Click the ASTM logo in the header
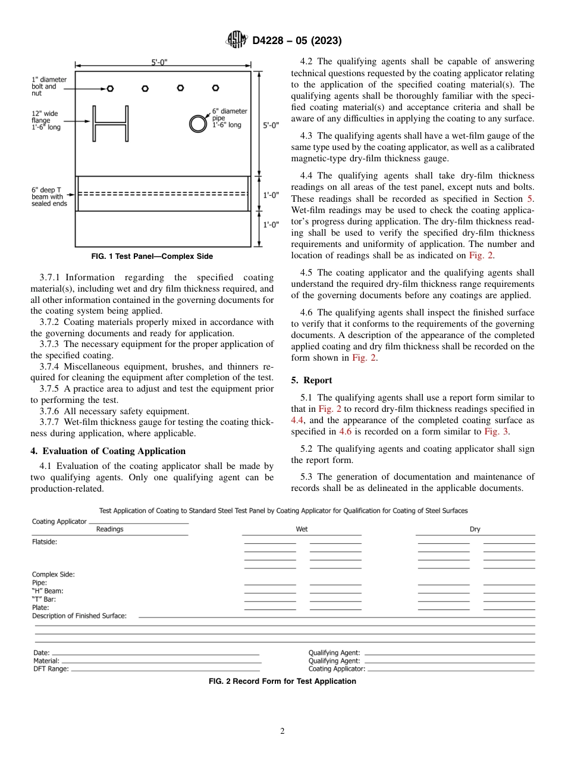pos(237,40)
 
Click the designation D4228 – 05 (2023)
pos(297,41)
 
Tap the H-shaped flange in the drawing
pos(110,124)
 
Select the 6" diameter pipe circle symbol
pos(197,124)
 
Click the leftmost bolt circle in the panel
pos(110,89)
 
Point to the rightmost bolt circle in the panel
pos(215,89)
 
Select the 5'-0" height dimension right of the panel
pos(270,126)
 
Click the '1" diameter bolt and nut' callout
pos(49,86)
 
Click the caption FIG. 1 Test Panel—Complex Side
pos(152,256)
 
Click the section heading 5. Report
pos(312,380)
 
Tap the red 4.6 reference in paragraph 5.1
pos(345,431)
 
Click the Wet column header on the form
pos(302,529)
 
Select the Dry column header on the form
pos(475,529)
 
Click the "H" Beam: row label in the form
pos(48,591)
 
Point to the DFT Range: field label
pos(51,669)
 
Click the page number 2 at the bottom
pos(282,731)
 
